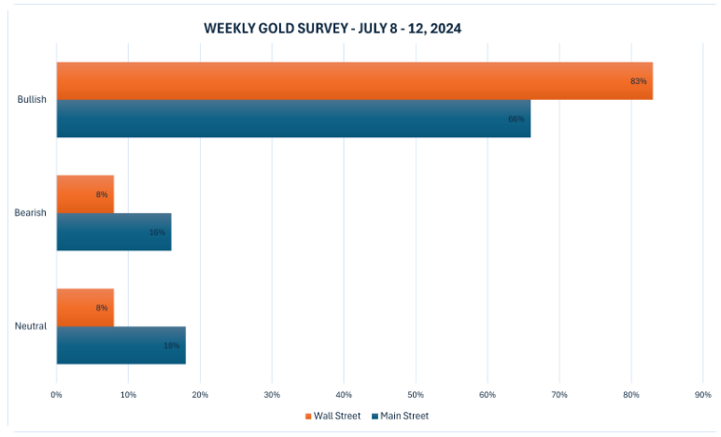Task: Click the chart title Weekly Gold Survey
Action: (x=332, y=29)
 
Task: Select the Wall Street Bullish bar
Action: (x=354, y=81)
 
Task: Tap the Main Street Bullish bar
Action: (x=293, y=119)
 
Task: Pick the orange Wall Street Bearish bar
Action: (x=85, y=194)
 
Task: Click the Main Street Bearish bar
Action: (x=113, y=232)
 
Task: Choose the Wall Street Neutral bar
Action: (x=85, y=307)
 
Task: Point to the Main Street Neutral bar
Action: (x=120, y=345)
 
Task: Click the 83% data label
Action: (x=639, y=81)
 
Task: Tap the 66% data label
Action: (x=516, y=119)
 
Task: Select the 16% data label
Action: (x=157, y=232)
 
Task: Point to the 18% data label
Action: (x=172, y=345)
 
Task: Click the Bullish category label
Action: (x=33, y=100)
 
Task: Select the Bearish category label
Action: (x=31, y=213)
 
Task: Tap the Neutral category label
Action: (x=31, y=326)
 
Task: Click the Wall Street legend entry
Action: (x=333, y=416)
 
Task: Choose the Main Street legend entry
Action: (x=400, y=416)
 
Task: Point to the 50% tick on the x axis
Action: (x=416, y=395)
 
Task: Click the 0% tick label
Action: (x=57, y=395)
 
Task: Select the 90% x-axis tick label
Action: (x=703, y=395)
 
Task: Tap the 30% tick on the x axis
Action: (x=272, y=395)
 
